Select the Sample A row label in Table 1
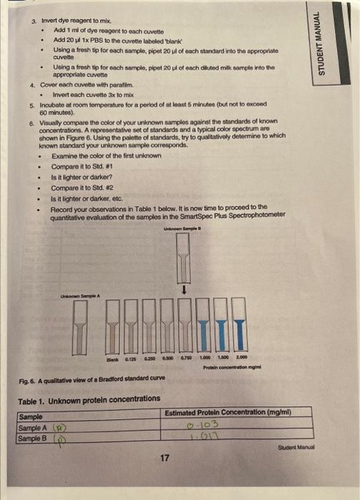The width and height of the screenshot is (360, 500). (32, 427)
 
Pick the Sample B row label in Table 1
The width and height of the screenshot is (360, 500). (32, 437)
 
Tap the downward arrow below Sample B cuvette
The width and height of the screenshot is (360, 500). (186, 290)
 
